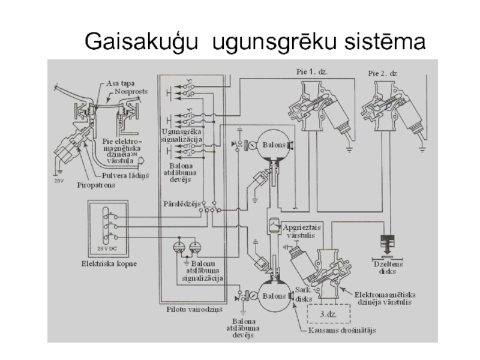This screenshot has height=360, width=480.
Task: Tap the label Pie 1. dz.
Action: pos(312,71)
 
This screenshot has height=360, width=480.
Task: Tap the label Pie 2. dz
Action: pos(383,73)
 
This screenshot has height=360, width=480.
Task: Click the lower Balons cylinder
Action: pos(274,296)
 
